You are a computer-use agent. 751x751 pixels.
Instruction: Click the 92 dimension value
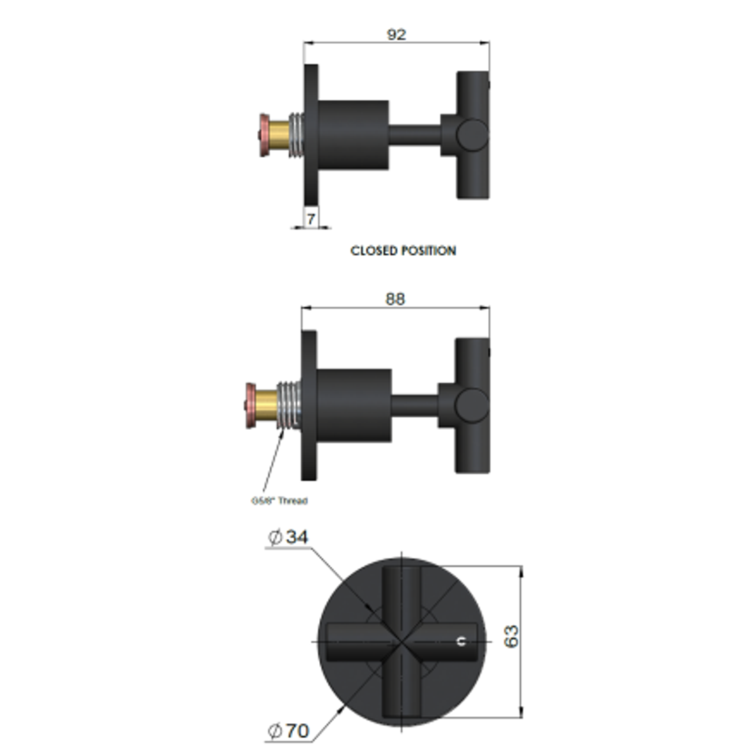tap(396, 34)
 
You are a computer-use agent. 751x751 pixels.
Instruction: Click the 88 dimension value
tap(394, 298)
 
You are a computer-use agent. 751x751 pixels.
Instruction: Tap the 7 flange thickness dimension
tap(311, 219)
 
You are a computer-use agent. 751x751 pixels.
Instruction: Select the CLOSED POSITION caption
tap(403, 250)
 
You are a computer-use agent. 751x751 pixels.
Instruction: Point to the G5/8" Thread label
tap(279, 500)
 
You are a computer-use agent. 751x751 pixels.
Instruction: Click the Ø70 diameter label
tap(289, 731)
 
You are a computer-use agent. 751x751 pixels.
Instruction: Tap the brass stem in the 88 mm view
tap(267, 405)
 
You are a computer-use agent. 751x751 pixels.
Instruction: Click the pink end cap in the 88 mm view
tap(250, 405)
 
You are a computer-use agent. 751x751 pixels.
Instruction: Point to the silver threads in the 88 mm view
tap(289, 405)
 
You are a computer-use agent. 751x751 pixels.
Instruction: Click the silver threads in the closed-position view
tap(297, 135)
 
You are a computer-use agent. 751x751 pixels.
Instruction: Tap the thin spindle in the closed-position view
tap(414, 135)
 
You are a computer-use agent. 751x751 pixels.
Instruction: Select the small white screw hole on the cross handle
tap(460, 642)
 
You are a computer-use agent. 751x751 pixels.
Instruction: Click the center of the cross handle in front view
tap(402, 640)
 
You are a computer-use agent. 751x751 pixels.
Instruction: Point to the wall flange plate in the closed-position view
tap(311, 135)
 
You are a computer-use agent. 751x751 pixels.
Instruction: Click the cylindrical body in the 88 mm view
tap(354, 405)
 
